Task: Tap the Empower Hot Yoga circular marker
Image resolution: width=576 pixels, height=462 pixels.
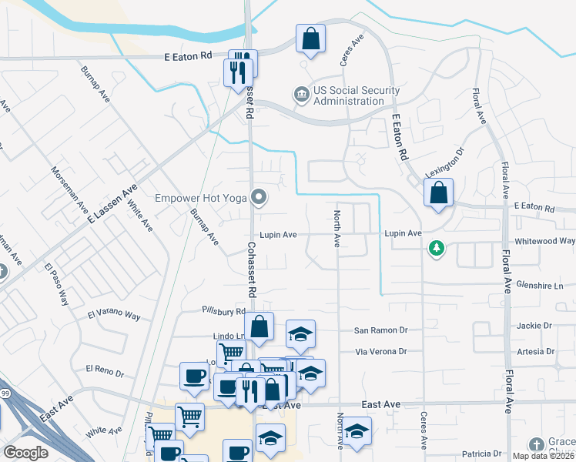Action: [x=260, y=199]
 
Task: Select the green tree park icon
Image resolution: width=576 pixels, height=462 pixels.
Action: [x=437, y=248]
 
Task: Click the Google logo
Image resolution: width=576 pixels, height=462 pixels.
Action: [x=25, y=452]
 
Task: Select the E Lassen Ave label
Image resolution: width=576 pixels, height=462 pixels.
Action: [x=112, y=204]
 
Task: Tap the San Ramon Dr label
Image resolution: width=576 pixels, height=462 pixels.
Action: [x=380, y=330]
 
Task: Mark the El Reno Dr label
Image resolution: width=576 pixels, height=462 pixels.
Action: [x=105, y=372]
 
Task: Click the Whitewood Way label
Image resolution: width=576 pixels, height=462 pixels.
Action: [x=544, y=241]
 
